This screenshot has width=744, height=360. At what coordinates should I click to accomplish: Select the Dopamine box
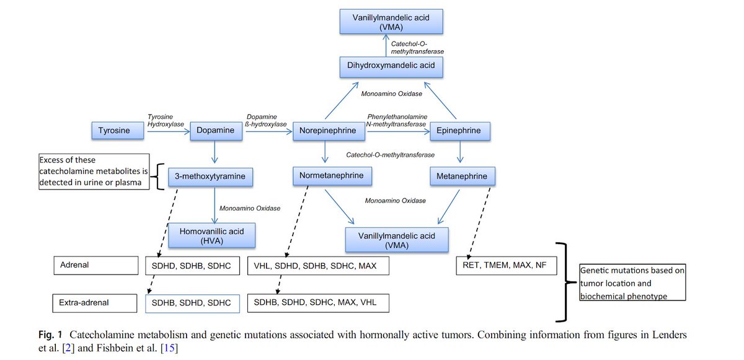(215, 131)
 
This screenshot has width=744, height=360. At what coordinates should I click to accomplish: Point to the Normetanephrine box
(332, 177)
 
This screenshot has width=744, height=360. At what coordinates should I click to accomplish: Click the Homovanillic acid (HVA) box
(211, 235)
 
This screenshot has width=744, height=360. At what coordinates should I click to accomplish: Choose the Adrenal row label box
(95, 265)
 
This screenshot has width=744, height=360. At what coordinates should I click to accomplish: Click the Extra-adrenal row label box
(95, 302)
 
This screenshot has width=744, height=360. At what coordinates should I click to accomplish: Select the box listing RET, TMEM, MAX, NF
(506, 266)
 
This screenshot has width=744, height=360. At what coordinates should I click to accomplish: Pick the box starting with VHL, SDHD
(319, 265)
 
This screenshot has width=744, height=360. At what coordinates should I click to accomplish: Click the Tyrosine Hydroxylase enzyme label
(163, 120)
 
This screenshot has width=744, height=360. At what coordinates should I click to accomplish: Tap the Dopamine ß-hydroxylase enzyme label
(266, 120)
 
